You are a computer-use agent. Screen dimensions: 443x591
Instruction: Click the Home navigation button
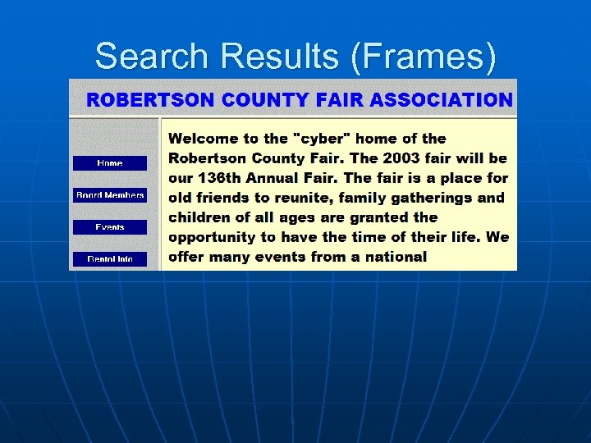[110, 163]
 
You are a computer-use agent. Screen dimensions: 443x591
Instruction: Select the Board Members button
[110, 195]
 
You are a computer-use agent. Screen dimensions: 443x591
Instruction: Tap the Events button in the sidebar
[110, 227]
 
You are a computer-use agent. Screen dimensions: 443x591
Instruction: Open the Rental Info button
[110, 259]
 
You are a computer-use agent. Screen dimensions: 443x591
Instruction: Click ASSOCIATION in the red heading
[441, 100]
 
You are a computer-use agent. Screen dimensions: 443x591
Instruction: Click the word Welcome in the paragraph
[204, 139]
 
